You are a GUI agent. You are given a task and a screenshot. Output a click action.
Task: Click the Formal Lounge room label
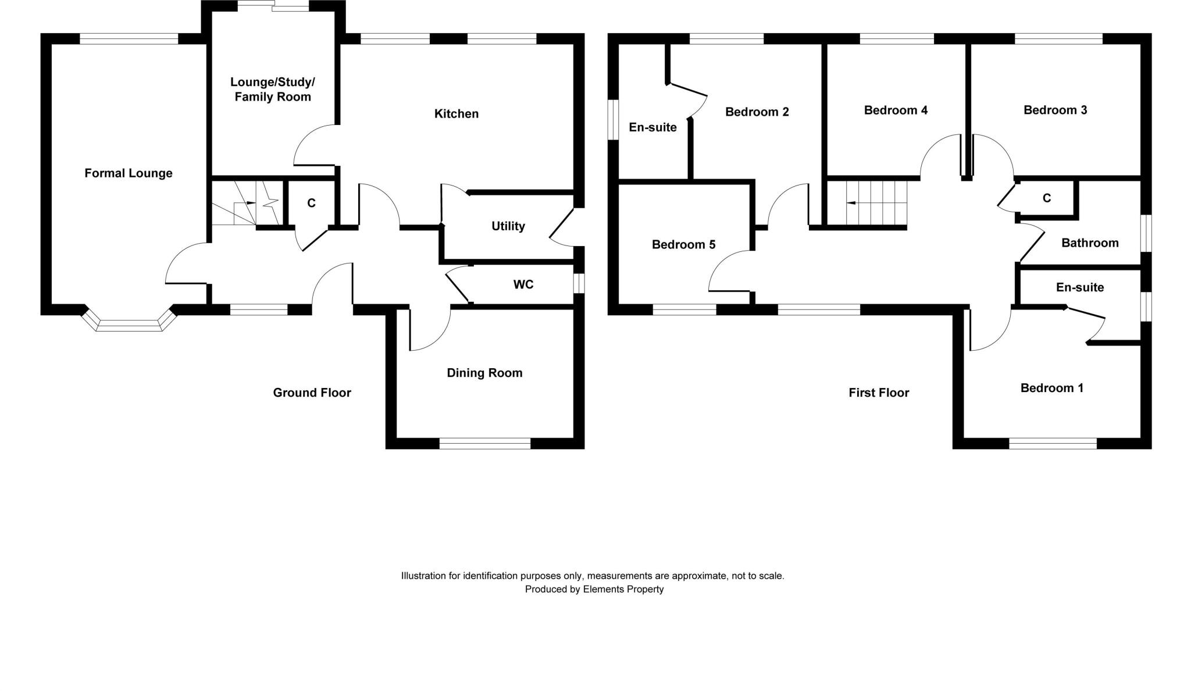tap(129, 173)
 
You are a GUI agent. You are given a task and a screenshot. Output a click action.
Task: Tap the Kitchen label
tap(457, 114)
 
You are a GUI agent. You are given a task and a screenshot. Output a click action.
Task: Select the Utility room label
tap(508, 226)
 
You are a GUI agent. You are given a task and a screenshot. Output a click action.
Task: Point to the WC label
tap(523, 284)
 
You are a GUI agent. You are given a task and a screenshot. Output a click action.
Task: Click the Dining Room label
tap(484, 373)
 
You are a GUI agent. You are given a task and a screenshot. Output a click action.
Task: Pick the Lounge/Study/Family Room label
tap(273, 90)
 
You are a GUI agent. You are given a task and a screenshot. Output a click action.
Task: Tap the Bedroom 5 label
tap(683, 245)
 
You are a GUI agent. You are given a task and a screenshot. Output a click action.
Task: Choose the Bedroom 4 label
tap(896, 111)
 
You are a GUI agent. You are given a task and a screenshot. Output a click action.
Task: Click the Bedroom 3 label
tap(1055, 111)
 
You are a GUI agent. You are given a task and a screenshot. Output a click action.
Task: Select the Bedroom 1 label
tap(1052, 388)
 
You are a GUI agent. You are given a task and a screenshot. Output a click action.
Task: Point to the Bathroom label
tap(1090, 243)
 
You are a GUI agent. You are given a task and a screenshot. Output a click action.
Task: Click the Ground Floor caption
tap(312, 393)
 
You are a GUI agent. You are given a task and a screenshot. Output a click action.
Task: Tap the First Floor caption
tap(879, 393)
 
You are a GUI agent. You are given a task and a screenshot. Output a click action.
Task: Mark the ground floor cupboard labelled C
tap(311, 203)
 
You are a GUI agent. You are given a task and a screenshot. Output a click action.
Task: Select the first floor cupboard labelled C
tap(1047, 198)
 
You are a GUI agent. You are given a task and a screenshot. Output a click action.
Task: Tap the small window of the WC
tap(579, 284)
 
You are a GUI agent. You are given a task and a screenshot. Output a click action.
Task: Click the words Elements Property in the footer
tap(623, 589)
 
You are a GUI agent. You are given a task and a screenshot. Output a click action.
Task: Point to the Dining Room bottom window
tap(485, 444)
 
